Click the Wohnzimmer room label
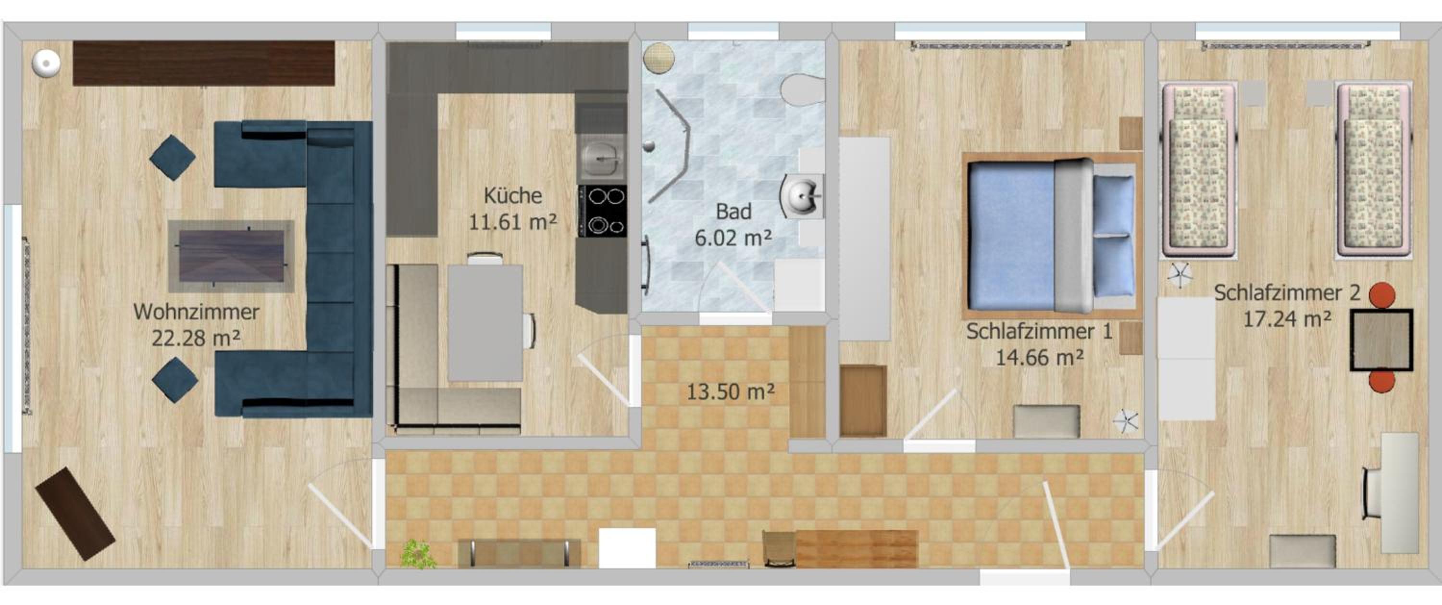tap(196, 312)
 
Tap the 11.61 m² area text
tap(512, 222)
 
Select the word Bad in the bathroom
tap(733, 212)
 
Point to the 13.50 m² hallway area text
tap(731, 391)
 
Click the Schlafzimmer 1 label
tap(1039, 331)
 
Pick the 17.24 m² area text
tap(1287, 319)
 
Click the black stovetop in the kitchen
tap(602, 211)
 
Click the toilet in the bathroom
tap(802, 89)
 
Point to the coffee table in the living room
tap(231, 256)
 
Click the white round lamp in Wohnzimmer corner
tap(46, 62)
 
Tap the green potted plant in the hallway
tap(418, 554)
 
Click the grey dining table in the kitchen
tap(485, 323)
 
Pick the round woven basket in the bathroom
tap(659, 58)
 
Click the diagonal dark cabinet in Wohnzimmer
tap(75, 514)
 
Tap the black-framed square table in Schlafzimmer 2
tap(1381, 340)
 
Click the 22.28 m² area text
tap(196, 339)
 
